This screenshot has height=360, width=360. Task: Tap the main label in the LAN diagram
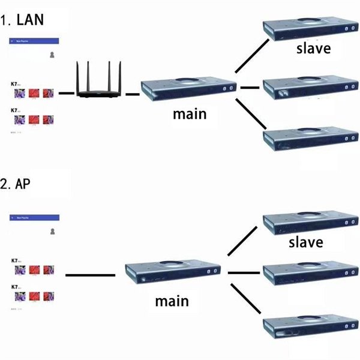[x=188, y=113]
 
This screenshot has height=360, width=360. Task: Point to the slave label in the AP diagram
[x=306, y=242]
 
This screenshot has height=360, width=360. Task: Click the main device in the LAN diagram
[x=188, y=88]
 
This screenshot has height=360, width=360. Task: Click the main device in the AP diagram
[x=173, y=274]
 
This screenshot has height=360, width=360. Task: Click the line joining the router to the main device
[x=132, y=94]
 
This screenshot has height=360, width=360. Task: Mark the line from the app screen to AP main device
[x=89, y=275]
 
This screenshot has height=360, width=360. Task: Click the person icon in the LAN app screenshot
[x=53, y=55]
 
